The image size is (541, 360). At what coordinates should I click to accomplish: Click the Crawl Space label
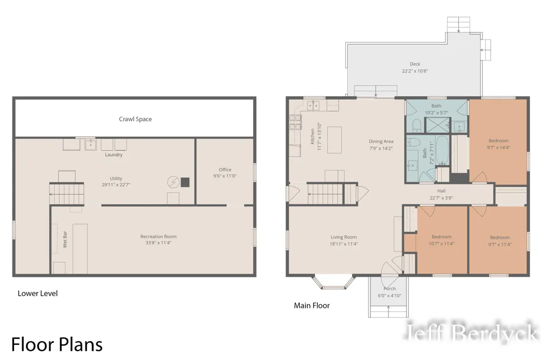click(x=135, y=119)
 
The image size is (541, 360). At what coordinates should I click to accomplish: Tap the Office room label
click(x=225, y=169)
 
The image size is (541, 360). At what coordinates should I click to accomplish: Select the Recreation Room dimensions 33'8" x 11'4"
click(x=159, y=243)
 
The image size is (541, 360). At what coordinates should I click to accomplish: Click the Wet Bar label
click(x=65, y=239)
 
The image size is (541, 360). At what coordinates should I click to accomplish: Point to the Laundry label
click(x=114, y=155)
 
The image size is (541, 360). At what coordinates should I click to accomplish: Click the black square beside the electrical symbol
click(x=185, y=182)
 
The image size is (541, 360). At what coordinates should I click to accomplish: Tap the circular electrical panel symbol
click(x=173, y=182)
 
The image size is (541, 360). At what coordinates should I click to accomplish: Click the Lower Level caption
click(x=38, y=294)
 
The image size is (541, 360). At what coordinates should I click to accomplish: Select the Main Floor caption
click(x=312, y=305)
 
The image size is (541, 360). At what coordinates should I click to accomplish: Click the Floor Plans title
click(x=57, y=344)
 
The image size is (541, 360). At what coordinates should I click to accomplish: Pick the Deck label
click(x=415, y=64)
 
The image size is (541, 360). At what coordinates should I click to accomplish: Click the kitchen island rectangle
click(x=334, y=139)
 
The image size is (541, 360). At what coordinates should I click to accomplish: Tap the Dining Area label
click(x=381, y=142)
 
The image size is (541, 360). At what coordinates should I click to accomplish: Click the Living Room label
click(x=344, y=237)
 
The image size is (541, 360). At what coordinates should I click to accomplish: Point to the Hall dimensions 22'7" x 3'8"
click(x=441, y=198)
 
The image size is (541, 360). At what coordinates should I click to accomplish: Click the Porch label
click(x=390, y=289)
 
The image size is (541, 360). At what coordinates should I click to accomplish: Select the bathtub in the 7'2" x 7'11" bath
click(x=442, y=150)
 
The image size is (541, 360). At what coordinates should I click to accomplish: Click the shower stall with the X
click(x=438, y=125)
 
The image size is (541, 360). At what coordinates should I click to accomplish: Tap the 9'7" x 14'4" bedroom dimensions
click(x=499, y=148)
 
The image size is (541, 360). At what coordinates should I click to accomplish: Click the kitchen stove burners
click(x=295, y=122)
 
